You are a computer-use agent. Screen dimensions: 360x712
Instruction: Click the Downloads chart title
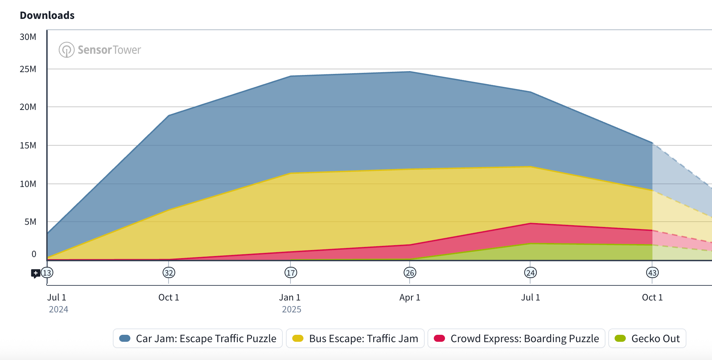click(x=47, y=15)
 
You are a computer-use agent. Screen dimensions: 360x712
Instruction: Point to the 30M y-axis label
click(x=28, y=37)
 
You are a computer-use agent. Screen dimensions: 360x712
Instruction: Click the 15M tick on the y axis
click(x=28, y=145)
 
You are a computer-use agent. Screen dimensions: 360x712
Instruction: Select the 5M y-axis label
click(x=30, y=222)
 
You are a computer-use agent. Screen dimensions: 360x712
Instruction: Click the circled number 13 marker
click(x=47, y=273)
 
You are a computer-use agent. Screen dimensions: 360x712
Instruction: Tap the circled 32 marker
click(x=169, y=273)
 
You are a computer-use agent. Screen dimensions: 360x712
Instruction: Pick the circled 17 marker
click(x=291, y=273)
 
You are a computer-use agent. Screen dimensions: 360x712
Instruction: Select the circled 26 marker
click(x=410, y=273)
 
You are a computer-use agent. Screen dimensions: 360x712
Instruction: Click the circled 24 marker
click(x=530, y=273)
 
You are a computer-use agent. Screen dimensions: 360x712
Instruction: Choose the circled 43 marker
click(x=652, y=273)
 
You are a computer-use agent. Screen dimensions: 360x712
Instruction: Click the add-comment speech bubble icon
click(x=35, y=273)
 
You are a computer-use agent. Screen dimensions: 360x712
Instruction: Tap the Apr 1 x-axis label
click(x=410, y=297)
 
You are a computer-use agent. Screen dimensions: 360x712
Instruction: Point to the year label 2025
click(x=292, y=309)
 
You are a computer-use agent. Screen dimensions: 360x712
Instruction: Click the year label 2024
click(x=59, y=309)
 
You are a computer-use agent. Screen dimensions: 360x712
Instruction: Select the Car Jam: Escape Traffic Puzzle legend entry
click(x=198, y=338)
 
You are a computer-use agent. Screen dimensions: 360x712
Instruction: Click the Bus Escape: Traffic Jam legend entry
click(x=355, y=338)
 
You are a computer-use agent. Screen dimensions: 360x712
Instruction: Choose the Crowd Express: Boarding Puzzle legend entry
click(x=516, y=338)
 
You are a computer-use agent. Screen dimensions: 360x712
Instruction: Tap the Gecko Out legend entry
click(x=647, y=338)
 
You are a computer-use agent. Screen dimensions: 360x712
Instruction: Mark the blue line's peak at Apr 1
click(x=410, y=72)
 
